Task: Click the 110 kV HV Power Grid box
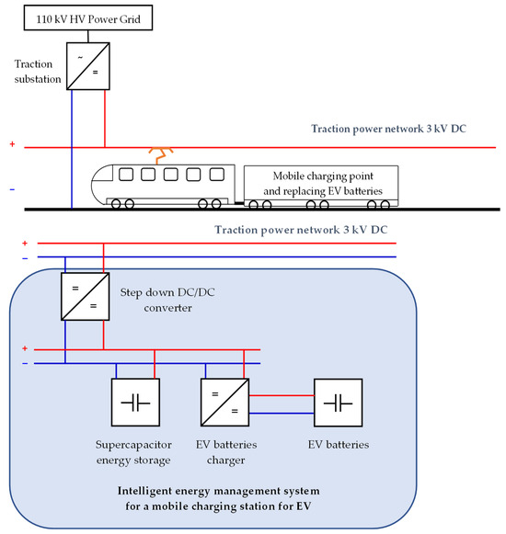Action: (88, 17)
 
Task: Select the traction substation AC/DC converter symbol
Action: (88, 66)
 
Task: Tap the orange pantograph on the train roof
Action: (161, 155)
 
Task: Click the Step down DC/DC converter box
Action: (86, 296)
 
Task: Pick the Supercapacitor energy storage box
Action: (136, 403)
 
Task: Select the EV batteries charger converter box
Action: (225, 403)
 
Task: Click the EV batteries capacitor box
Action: (339, 403)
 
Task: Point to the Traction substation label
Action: (38, 72)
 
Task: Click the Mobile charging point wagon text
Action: (323, 184)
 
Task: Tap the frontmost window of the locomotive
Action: (126, 175)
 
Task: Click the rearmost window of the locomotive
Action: (217, 175)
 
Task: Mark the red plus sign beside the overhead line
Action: (12, 144)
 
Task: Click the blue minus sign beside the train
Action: (12, 189)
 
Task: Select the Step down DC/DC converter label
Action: (167, 300)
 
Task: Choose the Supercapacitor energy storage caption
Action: (133, 452)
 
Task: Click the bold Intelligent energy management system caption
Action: (219, 498)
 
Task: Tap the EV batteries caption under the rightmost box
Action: (339, 445)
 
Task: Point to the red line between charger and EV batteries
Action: (282, 395)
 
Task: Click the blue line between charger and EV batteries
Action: (282, 413)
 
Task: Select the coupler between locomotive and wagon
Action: (239, 203)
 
